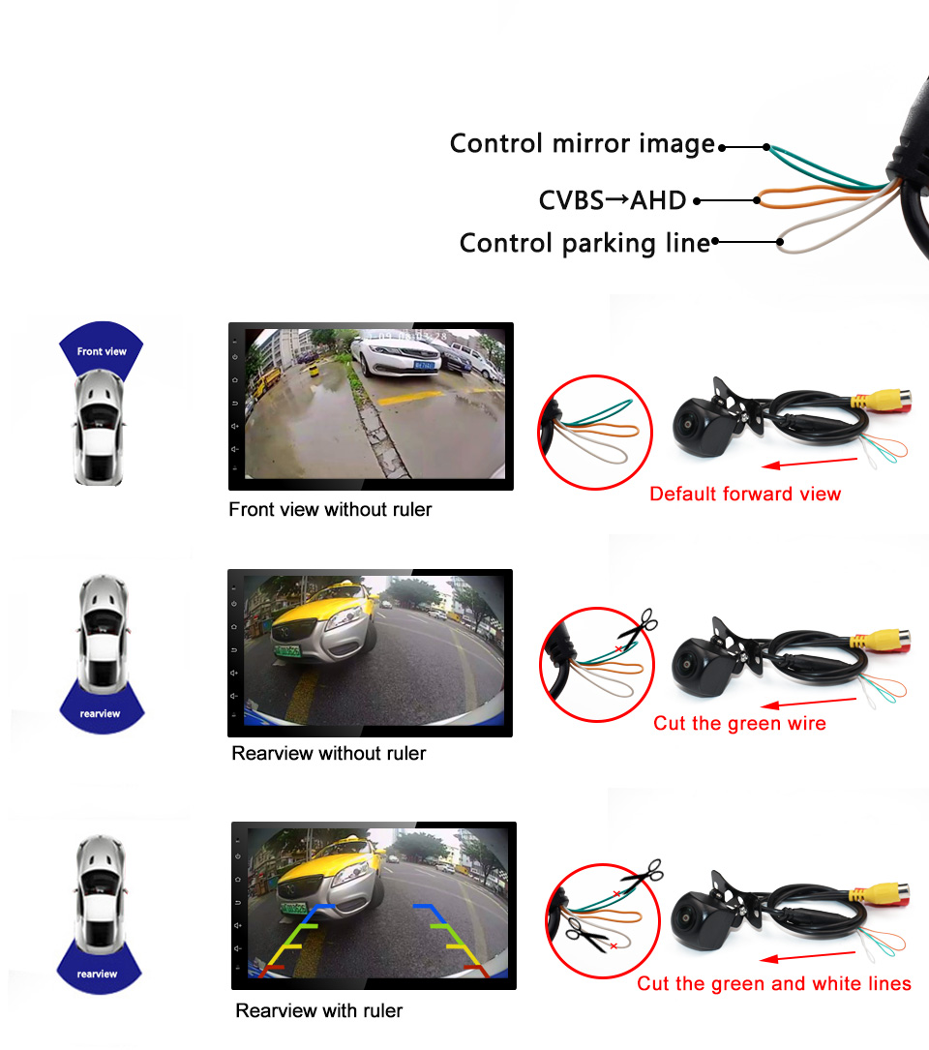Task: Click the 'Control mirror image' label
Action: click(x=582, y=144)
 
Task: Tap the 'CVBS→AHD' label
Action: click(x=612, y=200)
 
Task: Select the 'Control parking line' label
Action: click(x=584, y=243)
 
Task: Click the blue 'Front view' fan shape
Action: click(x=102, y=349)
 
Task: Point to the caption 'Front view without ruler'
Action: click(x=330, y=509)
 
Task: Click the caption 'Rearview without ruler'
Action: click(x=329, y=753)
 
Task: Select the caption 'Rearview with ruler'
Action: click(x=318, y=1010)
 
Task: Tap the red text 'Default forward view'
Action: click(x=745, y=494)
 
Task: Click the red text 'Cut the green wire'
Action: click(x=739, y=723)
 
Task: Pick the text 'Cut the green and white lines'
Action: click(x=773, y=983)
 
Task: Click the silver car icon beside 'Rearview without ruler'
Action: click(x=101, y=628)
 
